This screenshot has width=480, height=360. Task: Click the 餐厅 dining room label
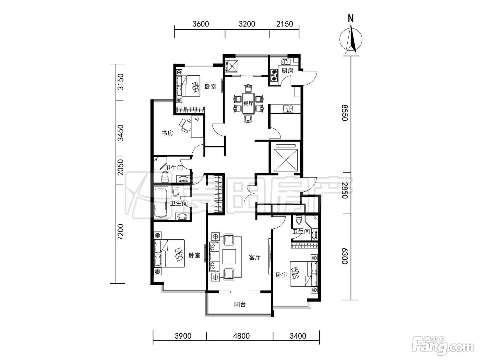pos(248,103)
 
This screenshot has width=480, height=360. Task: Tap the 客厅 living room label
pos(255,257)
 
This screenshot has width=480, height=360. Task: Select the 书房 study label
pos(167,133)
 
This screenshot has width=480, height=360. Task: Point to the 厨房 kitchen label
pos(287,71)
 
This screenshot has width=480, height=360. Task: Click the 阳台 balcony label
pos(240,304)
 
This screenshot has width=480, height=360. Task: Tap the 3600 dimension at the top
pos(201,24)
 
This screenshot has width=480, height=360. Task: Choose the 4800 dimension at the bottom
pos(241,336)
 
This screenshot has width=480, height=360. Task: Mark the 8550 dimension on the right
pos(345,113)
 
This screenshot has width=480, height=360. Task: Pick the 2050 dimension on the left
pos(120,167)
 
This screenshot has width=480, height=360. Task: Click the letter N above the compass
pos(351,19)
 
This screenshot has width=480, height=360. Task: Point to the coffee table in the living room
pos(229,257)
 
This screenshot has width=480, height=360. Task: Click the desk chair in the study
pos(185,125)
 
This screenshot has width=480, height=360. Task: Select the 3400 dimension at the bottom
pos(298,336)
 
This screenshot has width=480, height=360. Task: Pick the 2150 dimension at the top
pos(285,24)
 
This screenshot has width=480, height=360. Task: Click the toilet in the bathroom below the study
pos(165,177)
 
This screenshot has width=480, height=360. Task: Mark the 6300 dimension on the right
pos(345,256)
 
